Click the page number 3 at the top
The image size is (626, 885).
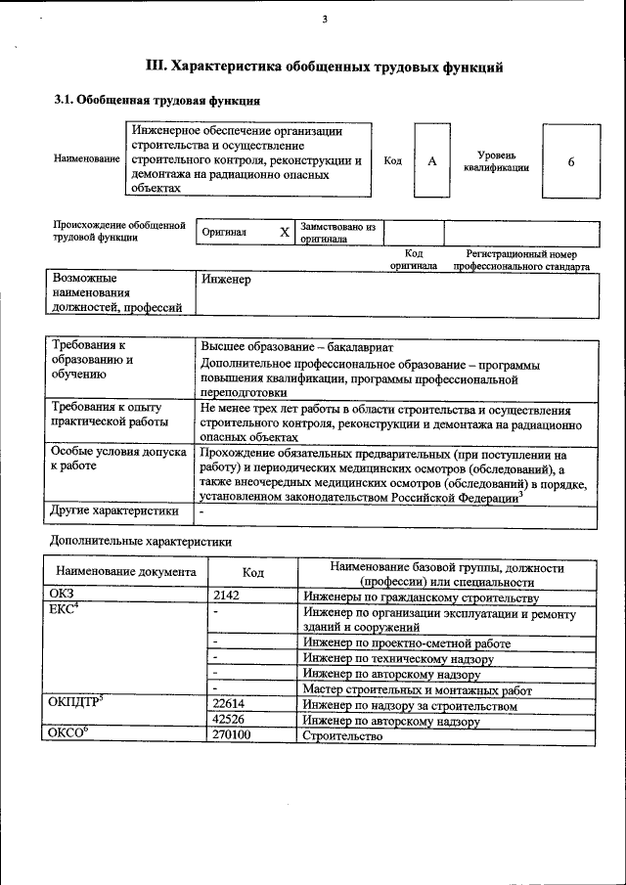pos(325,20)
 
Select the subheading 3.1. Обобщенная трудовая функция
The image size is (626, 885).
pos(156,100)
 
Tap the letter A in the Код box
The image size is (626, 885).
pos(431,161)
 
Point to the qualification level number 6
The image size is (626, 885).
pos(570,161)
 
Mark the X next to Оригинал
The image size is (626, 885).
pos(285,233)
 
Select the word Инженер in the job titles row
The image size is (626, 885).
pos(226,280)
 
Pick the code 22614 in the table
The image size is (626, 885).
pos(228,705)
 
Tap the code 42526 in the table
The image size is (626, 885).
pos(228,721)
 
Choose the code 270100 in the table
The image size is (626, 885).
pos(231,735)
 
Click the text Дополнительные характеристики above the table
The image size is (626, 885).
pos(140,541)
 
